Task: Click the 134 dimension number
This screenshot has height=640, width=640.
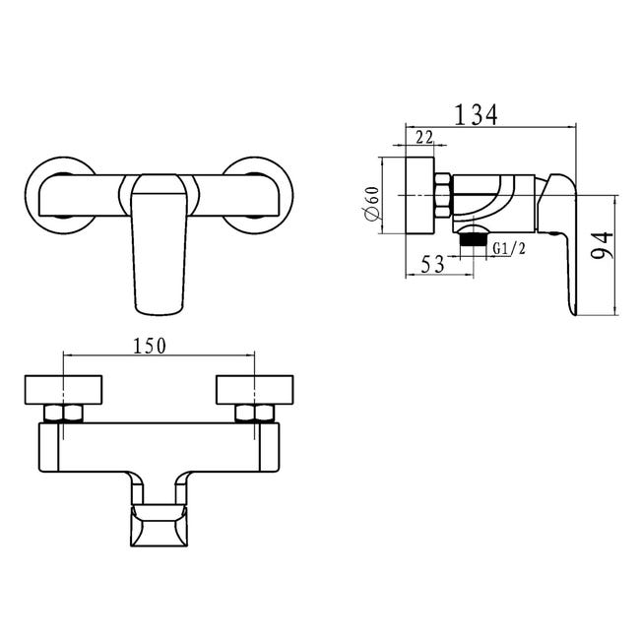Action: point(476,114)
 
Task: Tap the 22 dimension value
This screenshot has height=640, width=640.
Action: point(424,137)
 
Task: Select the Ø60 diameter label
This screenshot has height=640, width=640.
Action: point(372,203)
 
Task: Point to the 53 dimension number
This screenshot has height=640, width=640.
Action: point(432,264)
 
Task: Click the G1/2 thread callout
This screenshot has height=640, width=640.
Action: point(509,248)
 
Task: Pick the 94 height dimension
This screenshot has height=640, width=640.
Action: point(602,244)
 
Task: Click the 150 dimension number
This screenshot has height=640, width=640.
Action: point(150,346)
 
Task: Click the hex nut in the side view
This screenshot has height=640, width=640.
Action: point(442,195)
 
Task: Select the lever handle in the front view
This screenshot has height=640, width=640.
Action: point(160,244)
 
